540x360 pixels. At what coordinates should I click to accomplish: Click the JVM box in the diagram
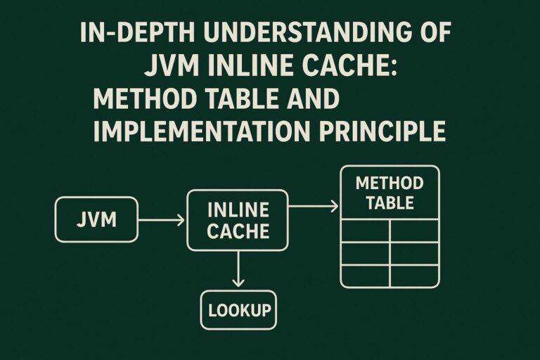96,220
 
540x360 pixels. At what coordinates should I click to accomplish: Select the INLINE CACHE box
238,220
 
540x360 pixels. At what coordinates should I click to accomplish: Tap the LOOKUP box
238,309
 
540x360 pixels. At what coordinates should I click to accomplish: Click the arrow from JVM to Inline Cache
161,220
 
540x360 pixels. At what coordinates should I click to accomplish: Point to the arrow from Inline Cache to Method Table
314,206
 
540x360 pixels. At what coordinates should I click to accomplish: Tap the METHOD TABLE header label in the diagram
389,193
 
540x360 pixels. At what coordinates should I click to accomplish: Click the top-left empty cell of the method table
365,231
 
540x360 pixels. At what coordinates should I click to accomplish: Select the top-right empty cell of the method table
415,231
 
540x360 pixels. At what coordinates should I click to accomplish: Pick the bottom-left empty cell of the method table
365,275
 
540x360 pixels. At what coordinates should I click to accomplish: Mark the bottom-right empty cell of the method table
415,275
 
